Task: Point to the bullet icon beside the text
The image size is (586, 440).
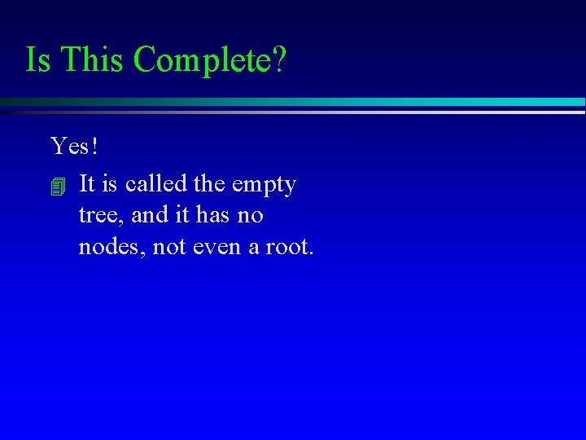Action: (56, 187)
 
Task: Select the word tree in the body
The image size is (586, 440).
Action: (97, 216)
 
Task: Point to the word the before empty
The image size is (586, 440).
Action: (210, 184)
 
